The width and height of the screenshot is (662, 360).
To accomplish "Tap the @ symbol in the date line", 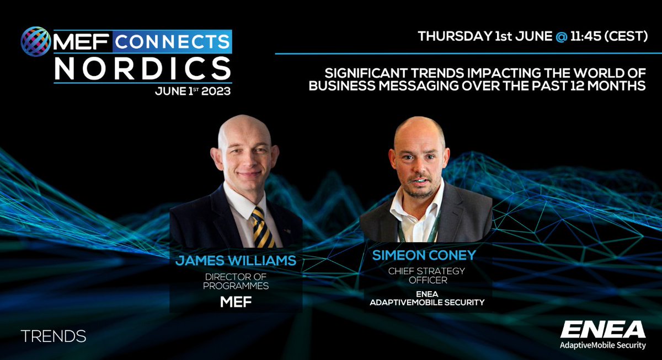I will (560, 37).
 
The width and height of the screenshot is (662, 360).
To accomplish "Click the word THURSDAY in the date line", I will (451, 37).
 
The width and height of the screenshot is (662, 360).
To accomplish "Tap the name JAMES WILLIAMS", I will (235, 260).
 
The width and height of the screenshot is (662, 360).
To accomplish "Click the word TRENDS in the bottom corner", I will (53, 336).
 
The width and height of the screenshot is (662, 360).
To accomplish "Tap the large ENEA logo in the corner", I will (602, 330).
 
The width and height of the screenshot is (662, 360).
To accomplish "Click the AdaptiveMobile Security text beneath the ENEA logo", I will (602, 346).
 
